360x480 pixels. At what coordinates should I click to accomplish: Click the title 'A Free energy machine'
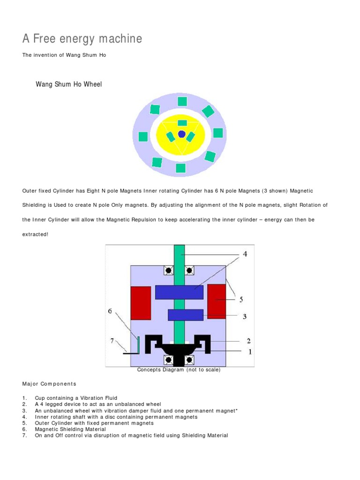click(82, 39)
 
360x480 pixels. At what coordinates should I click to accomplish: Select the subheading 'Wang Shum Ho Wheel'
click(69, 84)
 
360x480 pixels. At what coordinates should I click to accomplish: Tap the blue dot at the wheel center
click(181, 134)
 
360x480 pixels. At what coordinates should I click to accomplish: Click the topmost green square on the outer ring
click(182, 101)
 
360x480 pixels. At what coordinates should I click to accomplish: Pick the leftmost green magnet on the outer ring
click(143, 136)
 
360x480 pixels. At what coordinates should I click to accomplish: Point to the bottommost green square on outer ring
click(180, 168)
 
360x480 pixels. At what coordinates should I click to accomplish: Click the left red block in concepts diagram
click(141, 303)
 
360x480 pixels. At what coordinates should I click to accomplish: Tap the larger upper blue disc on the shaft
click(179, 292)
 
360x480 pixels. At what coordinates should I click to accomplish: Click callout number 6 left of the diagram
click(110, 311)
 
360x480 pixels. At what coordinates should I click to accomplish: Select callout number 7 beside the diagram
click(112, 341)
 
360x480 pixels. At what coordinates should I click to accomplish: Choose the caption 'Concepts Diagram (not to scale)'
click(179, 369)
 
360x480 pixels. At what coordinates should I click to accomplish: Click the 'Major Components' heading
click(49, 384)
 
